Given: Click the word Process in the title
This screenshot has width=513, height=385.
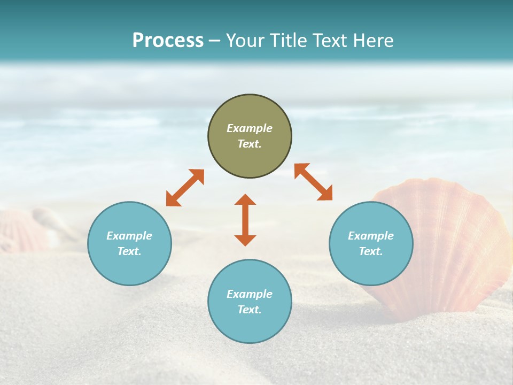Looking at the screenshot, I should click(x=168, y=40).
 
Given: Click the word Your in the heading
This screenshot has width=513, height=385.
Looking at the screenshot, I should click(x=246, y=40).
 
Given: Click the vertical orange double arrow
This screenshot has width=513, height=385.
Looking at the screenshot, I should click(x=245, y=220).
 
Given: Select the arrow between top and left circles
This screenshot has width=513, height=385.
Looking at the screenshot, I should click(x=185, y=188).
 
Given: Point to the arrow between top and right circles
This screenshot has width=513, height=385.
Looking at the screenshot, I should click(x=313, y=182).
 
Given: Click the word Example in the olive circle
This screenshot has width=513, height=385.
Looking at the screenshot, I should click(x=250, y=128).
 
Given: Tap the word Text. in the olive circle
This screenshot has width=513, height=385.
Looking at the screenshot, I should click(x=250, y=144).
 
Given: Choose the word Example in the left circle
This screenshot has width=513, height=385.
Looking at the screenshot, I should click(x=129, y=236).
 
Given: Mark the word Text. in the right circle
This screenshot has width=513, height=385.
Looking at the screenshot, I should click(x=371, y=251).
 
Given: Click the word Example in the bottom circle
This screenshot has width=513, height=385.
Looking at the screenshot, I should click(x=250, y=294).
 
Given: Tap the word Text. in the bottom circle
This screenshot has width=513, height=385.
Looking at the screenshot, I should click(x=250, y=310).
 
